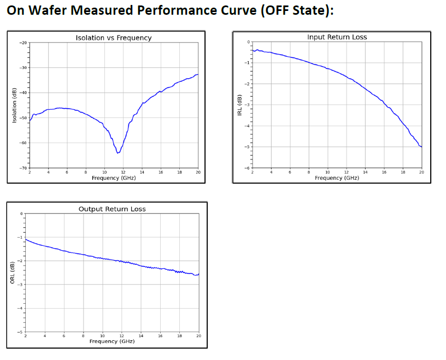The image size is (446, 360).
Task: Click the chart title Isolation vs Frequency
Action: coord(113,38)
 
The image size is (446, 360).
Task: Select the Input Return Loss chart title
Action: coord(337,37)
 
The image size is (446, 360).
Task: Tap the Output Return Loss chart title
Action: coord(112,209)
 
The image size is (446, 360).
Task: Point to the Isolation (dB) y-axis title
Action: coord(15,105)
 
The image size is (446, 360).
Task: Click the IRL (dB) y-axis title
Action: coord(239,105)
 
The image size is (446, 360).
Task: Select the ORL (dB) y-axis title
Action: coord(13,273)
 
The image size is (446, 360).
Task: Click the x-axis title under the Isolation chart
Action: coord(114,178)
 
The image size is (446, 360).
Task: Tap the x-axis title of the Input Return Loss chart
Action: coord(337,178)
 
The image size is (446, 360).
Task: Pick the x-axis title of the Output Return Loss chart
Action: coord(112,341)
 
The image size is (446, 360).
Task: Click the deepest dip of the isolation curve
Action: coord(118,153)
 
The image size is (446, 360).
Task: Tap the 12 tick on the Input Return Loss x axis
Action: coord(347,173)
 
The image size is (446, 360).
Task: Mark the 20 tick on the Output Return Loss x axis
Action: coord(198,336)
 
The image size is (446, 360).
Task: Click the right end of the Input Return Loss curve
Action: coord(421,147)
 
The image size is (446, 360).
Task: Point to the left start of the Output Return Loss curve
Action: coord(26,239)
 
